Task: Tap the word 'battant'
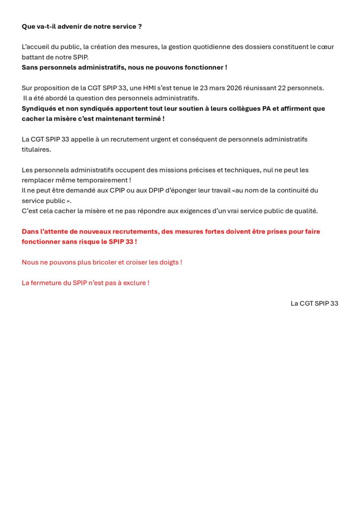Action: point(33,57)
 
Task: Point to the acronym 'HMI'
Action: point(152,88)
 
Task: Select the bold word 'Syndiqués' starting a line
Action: point(40,108)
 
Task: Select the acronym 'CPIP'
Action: point(118,190)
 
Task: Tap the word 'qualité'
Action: point(305,211)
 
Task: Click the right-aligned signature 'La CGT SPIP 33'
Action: point(314,303)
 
